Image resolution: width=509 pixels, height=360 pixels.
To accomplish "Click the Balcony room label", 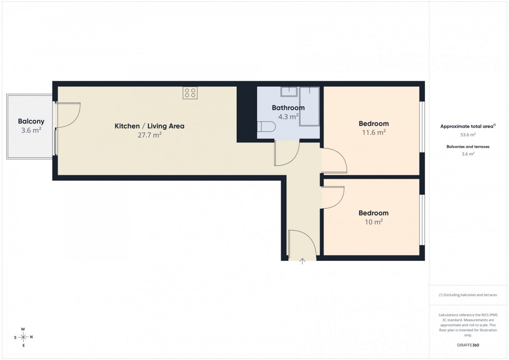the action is click(31, 121).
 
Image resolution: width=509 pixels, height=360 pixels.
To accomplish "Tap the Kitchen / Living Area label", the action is click(149, 126).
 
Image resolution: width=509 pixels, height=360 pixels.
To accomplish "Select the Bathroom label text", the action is click(288, 108).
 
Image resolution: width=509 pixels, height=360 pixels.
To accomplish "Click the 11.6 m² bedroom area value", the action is click(374, 132).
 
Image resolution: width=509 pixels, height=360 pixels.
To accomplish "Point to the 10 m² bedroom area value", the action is click(374, 222).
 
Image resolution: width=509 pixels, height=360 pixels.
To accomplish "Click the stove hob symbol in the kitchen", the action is click(190, 93).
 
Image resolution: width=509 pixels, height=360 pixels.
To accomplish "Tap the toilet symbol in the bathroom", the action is click(266, 126).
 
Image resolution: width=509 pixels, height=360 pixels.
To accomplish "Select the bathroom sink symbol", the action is click(289, 92).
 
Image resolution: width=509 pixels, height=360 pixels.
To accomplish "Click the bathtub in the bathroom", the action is click(310, 106).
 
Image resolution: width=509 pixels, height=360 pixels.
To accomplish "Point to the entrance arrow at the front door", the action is click(302, 262).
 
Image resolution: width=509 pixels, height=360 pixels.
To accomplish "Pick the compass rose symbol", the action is click(23, 337).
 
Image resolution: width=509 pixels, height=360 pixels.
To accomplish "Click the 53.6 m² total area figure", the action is click(468, 135).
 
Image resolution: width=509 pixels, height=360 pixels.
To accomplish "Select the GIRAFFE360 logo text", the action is click(468, 345).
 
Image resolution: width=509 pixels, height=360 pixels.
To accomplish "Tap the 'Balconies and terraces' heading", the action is click(468, 147).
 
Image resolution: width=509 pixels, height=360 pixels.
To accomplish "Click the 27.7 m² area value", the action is click(149, 135).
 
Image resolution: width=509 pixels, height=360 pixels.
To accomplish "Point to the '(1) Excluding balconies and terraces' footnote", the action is click(468, 295).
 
